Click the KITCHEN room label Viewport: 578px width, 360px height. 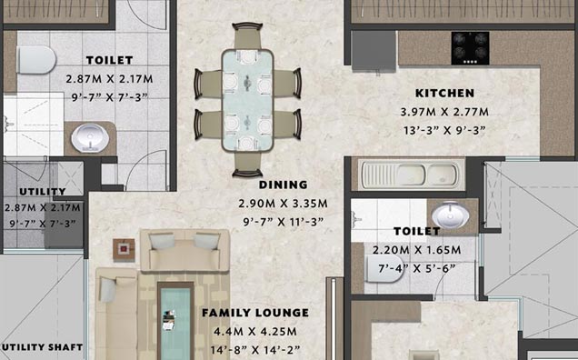(x=444, y=94)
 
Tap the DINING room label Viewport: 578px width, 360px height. (x=284, y=185)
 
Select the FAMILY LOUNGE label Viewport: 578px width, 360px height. (x=255, y=313)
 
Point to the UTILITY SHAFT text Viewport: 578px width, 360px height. (x=42, y=347)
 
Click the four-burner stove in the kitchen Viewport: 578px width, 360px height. (x=471, y=48)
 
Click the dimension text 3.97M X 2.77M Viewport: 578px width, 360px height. (x=444, y=112)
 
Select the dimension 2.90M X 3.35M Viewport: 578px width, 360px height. (x=284, y=204)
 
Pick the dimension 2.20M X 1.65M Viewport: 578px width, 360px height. (x=416, y=250)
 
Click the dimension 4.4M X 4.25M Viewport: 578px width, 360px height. (x=255, y=331)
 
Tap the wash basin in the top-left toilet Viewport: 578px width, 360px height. (x=90, y=138)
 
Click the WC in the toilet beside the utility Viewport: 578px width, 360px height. (x=36, y=60)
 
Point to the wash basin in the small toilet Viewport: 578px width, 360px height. (x=450, y=215)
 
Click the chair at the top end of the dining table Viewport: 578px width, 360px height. (x=247, y=36)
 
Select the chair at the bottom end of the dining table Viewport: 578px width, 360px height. (x=247, y=165)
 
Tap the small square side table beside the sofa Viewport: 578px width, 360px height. (x=124, y=250)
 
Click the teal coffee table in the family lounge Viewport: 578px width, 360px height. (x=175, y=321)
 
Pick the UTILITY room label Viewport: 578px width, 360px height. (x=43, y=192)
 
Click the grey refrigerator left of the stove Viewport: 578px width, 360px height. (x=374, y=51)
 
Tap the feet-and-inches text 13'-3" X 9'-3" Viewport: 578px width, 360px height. (x=444, y=130)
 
